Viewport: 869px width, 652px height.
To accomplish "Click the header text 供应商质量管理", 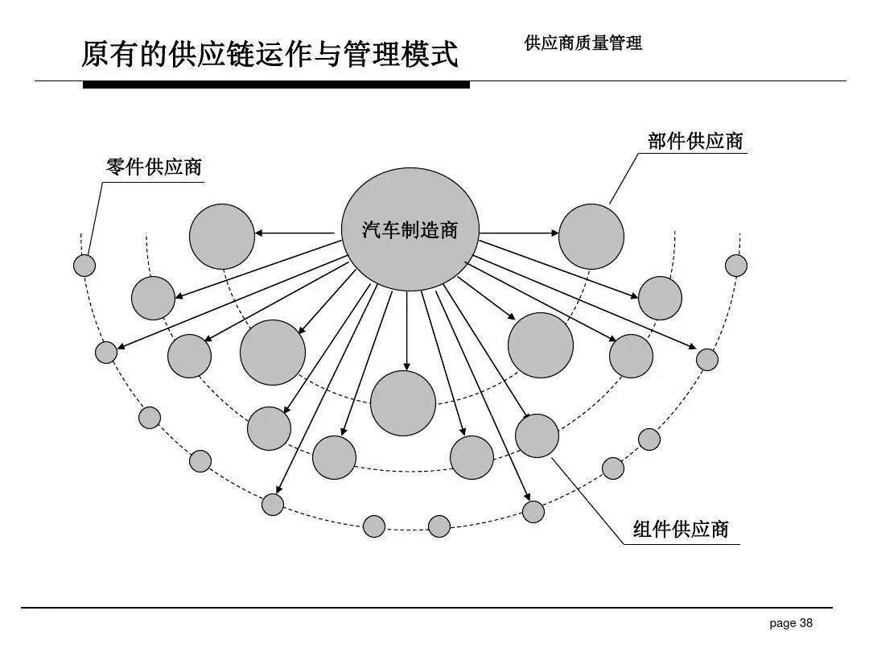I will coord(583,43).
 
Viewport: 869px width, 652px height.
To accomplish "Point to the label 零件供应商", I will coord(154,167).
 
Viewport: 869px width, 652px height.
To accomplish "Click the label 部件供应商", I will coord(695,141).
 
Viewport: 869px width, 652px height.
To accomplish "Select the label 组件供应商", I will coord(681,529).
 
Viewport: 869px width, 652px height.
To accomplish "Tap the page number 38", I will coord(805,623).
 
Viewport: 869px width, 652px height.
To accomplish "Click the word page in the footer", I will coord(782,623).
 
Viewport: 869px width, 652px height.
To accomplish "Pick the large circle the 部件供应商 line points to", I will coord(591,236).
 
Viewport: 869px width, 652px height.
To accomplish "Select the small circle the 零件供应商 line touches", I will coord(84,265).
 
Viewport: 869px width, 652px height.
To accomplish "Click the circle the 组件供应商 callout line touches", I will coord(537,435).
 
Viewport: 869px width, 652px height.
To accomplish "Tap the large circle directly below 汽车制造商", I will coord(403,403).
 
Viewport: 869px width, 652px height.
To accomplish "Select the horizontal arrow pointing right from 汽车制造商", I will coord(519,233).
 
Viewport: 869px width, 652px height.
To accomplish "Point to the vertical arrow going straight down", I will coord(407,330).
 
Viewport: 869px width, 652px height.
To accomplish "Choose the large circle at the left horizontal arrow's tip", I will coord(222,236).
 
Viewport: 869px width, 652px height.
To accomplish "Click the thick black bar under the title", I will coord(276,85).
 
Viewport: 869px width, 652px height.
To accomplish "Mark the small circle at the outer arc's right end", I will coord(736,265).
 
